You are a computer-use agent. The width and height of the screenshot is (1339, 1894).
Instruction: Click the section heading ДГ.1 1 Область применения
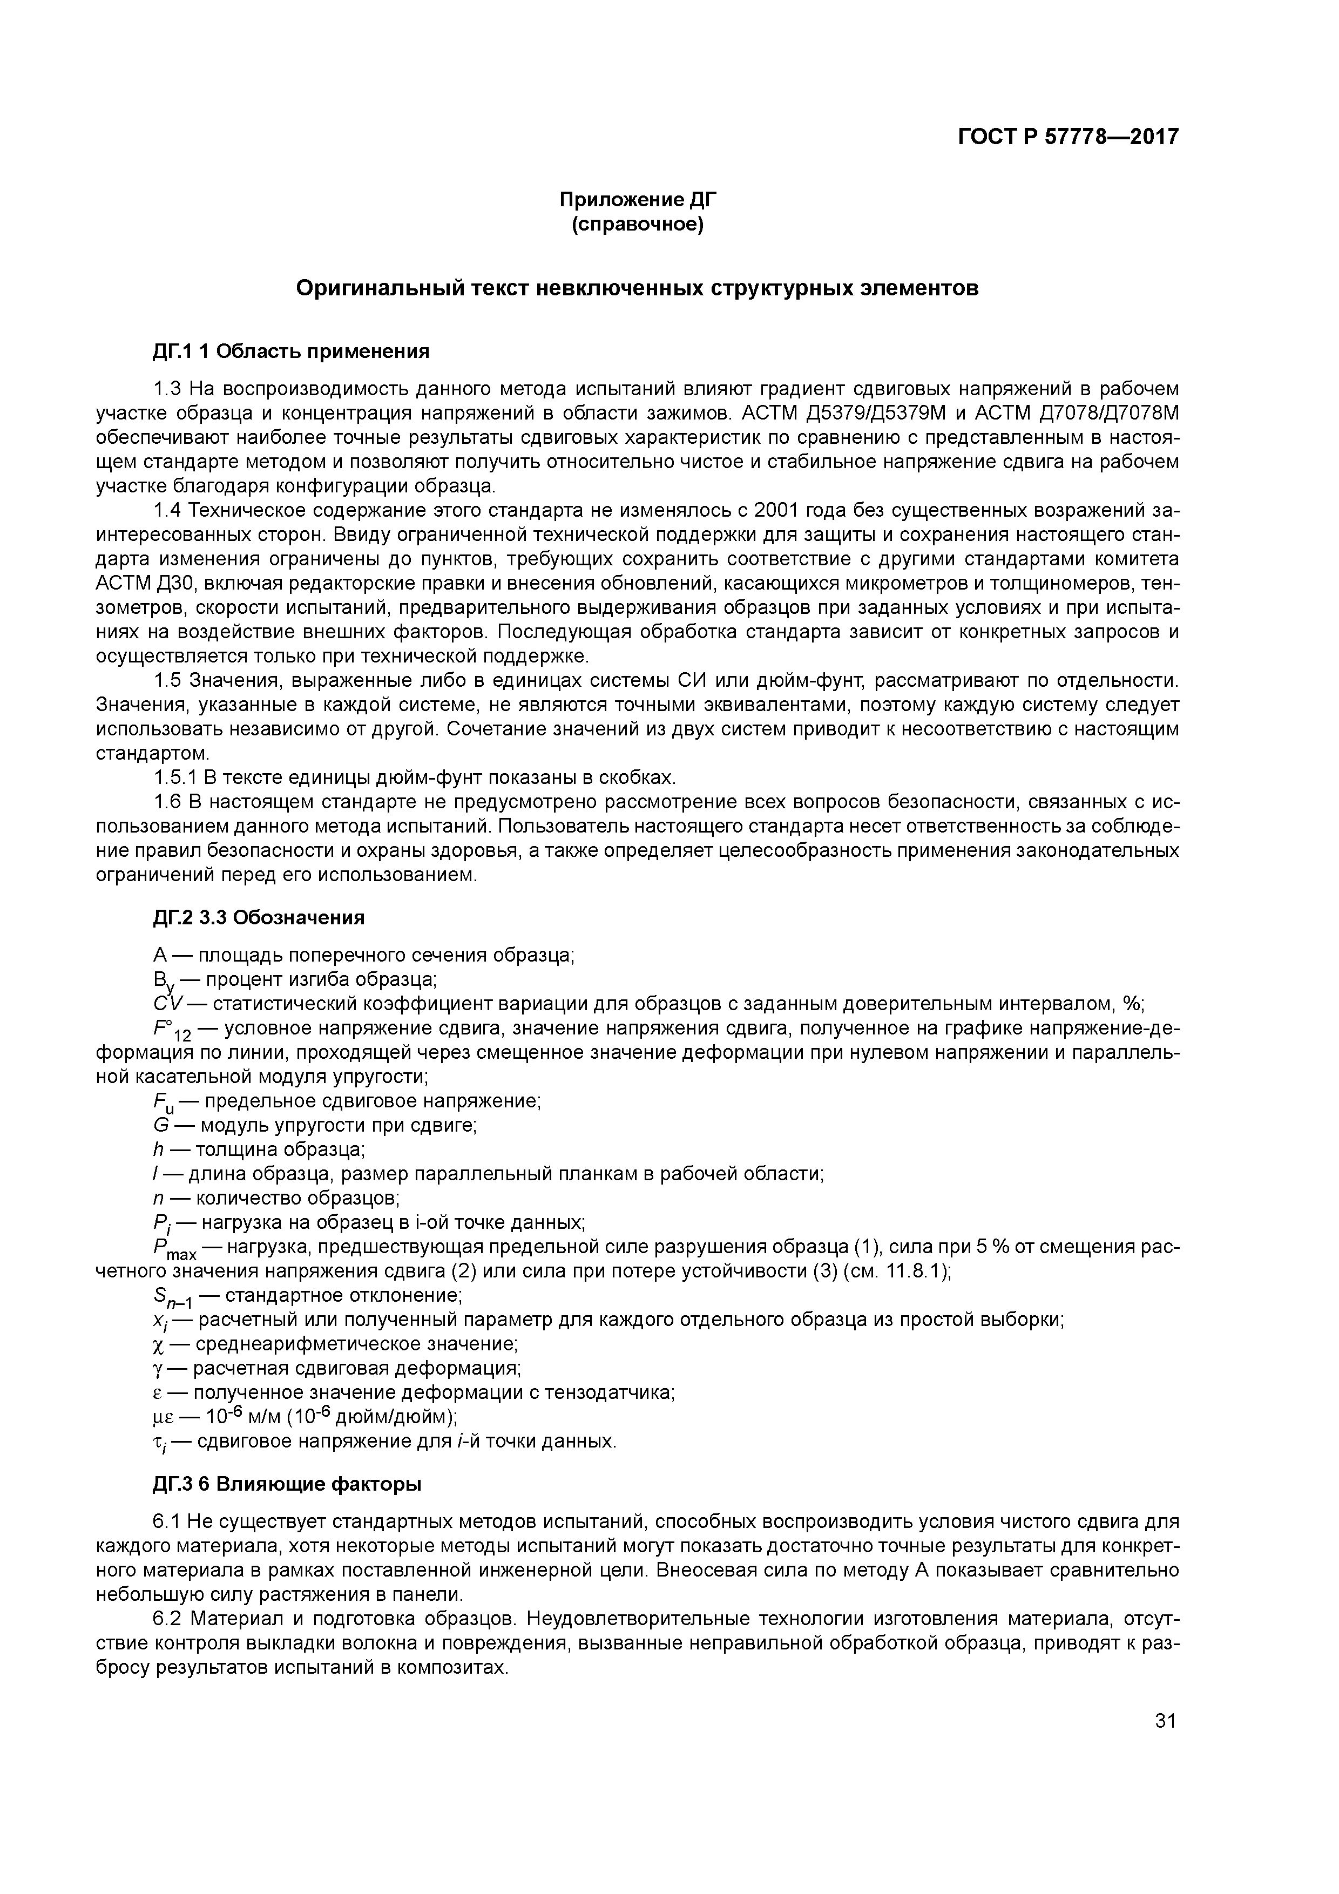tap(291, 351)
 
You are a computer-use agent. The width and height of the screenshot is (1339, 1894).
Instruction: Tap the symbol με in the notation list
tap(161, 1417)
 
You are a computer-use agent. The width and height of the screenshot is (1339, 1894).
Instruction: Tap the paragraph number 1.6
tap(167, 802)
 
